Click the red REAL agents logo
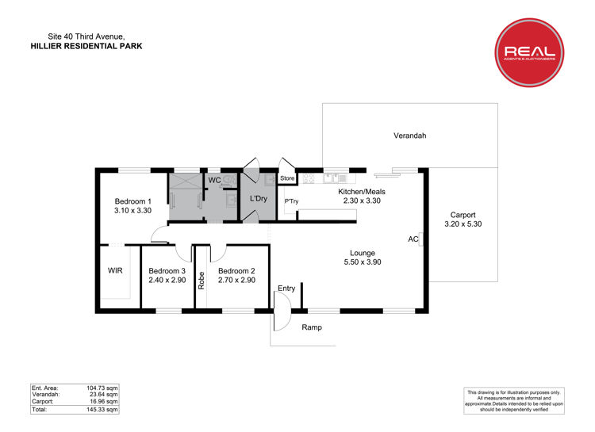pyautogui.click(x=529, y=52)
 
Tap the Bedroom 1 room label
pyautogui.click(x=132, y=201)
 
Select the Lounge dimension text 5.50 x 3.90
pyautogui.click(x=363, y=262)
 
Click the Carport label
pyautogui.click(x=463, y=215)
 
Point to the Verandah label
pyautogui.click(x=410, y=136)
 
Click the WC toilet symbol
pyautogui.click(x=228, y=181)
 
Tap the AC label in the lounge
pyautogui.click(x=413, y=239)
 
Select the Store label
pyautogui.click(x=287, y=178)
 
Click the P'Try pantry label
pyautogui.click(x=291, y=201)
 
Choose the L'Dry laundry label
pyautogui.click(x=259, y=199)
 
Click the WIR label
pyautogui.click(x=115, y=271)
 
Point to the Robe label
pyautogui.click(x=202, y=281)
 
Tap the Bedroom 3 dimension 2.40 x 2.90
pyautogui.click(x=167, y=281)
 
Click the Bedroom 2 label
pyautogui.click(x=236, y=271)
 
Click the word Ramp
pyautogui.click(x=312, y=327)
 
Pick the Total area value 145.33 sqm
pyautogui.click(x=102, y=410)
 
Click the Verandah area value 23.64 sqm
pyautogui.click(x=104, y=395)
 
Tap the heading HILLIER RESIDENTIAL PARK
pyautogui.click(x=86, y=46)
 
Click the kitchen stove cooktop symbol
pyautogui.click(x=309, y=178)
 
